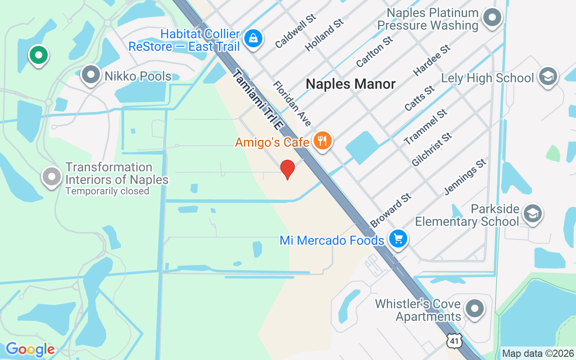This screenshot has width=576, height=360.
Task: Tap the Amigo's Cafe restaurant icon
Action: [322, 141]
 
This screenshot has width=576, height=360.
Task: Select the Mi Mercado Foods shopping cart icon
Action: [398, 238]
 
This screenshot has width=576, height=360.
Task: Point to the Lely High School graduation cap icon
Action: [548, 76]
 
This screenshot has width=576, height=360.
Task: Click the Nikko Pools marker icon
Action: [91, 75]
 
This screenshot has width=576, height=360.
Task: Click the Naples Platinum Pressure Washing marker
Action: [492, 18]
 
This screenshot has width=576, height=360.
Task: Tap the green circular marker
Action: [39, 55]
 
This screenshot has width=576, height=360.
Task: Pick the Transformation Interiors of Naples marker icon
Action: [52, 177]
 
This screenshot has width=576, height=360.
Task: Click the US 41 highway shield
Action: [454, 341]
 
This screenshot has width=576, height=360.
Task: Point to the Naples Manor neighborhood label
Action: [351, 84]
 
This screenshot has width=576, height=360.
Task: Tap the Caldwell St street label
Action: [296, 31]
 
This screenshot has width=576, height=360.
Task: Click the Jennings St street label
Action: [465, 176]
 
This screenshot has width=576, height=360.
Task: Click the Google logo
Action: [30, 349]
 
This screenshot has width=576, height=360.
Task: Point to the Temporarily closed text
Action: [107, 191]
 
